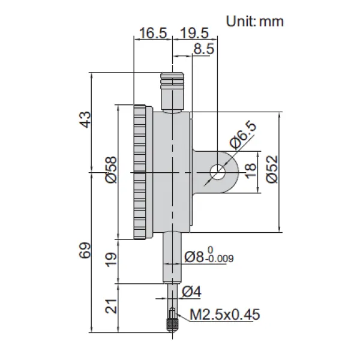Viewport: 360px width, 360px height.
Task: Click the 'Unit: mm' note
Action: [255, 22]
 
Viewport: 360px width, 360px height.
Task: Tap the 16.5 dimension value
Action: [153, 33]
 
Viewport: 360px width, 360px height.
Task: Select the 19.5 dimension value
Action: [194, 33]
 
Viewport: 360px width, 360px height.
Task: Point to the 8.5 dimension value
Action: [204, 49]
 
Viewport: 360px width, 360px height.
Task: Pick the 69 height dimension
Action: [85, 250]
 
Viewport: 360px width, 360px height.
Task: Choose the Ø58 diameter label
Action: [112, 170]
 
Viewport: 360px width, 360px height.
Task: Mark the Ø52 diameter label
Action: [272, 169]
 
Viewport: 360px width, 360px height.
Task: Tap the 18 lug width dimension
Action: [250, 170]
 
